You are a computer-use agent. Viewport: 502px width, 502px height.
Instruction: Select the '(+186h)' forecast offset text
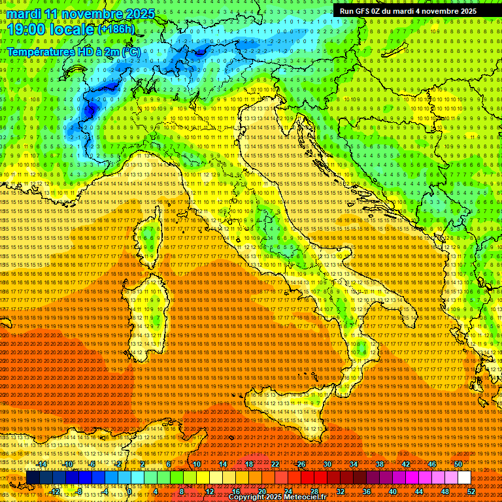coord(116,29)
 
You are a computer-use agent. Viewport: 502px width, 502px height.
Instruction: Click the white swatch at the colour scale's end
coord(464,478)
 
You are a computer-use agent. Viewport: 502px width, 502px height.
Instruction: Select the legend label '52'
coord(471,492)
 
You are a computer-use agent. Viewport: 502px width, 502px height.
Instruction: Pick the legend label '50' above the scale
coord(458,464)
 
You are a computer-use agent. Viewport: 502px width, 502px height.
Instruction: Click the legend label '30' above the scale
coord(327,464)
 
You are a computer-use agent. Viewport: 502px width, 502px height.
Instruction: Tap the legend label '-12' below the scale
coord(55,492)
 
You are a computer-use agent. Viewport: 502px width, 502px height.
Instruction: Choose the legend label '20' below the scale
coord(261,492)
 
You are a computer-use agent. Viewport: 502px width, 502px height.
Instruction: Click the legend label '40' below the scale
coord(392,492)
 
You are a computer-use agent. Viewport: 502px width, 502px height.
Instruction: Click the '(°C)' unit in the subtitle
coord(130,51)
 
